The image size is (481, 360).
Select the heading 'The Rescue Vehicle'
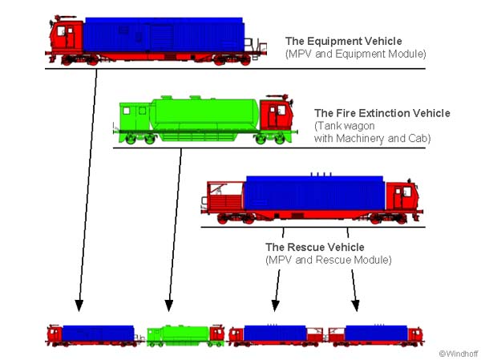point(314,247)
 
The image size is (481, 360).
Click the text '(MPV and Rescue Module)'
point(327,260)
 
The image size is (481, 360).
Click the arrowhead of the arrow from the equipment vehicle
point(79,305)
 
